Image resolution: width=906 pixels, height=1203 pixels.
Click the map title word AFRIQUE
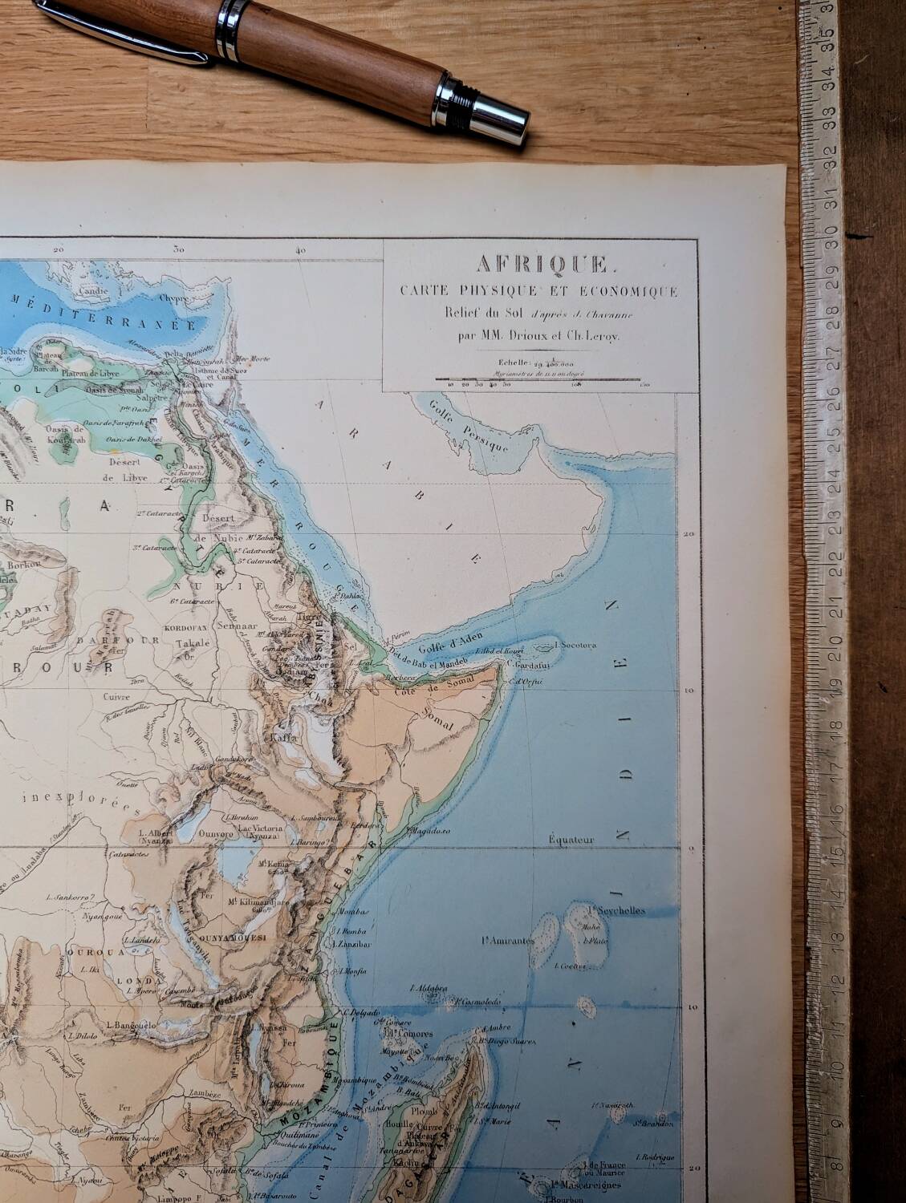coord(542,263)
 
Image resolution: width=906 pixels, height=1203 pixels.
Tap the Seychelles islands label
coord(618,910)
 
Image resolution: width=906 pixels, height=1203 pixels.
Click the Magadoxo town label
coord(429,831)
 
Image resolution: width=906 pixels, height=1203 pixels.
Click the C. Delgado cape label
coord(360,1012)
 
